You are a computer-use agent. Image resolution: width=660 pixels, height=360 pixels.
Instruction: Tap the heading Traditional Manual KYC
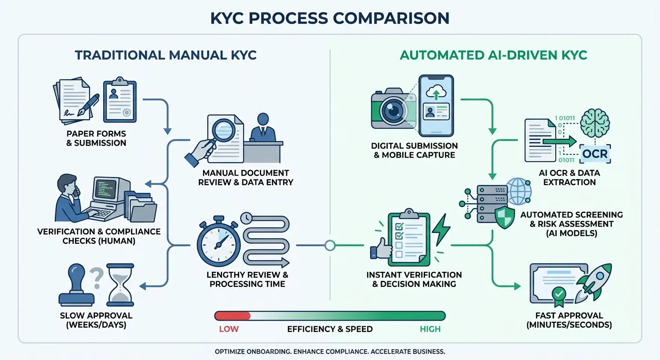pos(165,55)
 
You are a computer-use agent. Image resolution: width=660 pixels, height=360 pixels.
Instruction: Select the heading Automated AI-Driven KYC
pos(493,55)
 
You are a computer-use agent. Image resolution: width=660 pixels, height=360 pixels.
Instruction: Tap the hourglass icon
pos(120,284)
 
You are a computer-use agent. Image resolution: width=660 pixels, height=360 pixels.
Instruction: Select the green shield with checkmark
pos(505,217)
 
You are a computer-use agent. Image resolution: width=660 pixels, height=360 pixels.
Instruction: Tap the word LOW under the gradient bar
pos(229,329)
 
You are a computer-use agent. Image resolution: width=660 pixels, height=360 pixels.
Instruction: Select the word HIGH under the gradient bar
pos(430,329)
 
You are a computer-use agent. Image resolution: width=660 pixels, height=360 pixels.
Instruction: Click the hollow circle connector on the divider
pos(330,245)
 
